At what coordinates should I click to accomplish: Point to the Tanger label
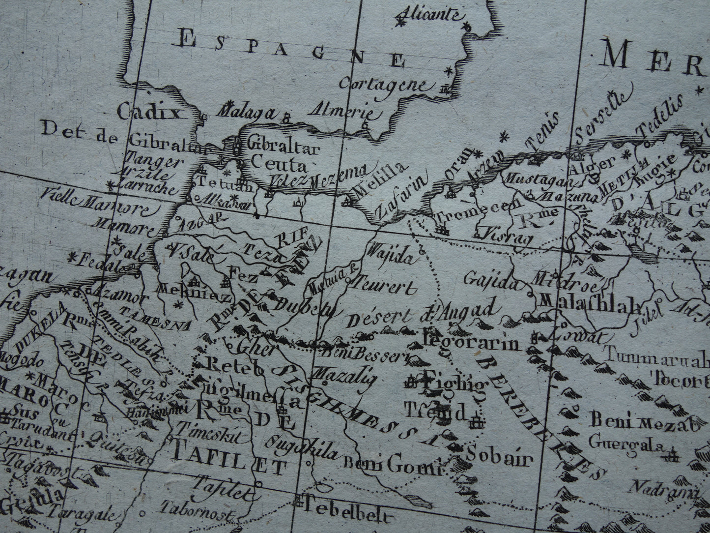point(154,161)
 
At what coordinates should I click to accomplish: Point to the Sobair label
point(500,459)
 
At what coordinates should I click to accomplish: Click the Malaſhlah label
point(590,301)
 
